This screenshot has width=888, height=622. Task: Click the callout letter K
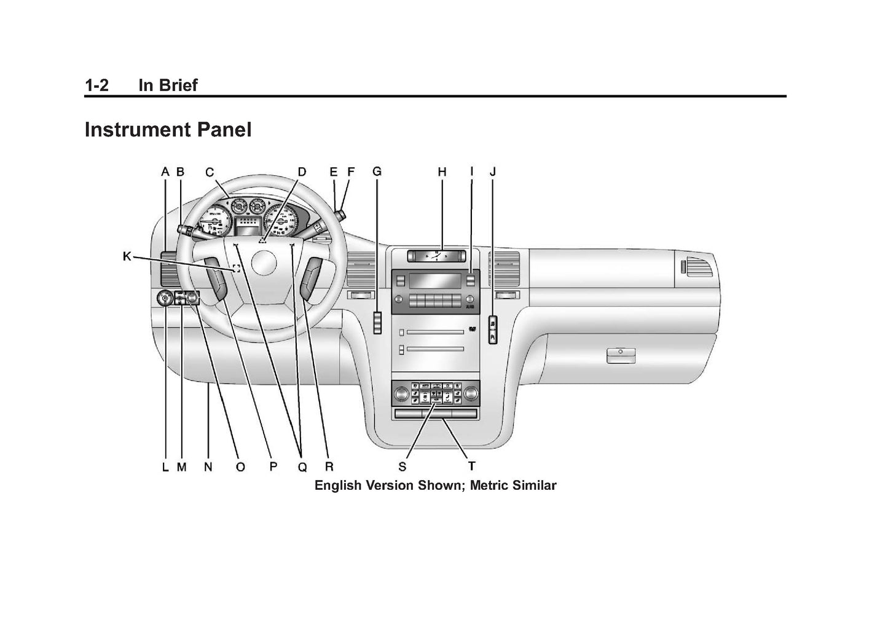tap(127, 256)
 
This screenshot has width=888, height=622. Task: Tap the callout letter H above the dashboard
tap(442, 172)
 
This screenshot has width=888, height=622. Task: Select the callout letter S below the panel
tap(402, 467)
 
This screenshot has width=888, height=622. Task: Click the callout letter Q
tap(302, 467)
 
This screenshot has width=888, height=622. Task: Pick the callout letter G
tap(377, 172)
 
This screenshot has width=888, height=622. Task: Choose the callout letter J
tap(492, 172)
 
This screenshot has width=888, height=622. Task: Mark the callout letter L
tap(165, 467)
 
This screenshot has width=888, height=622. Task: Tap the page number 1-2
tap(96, 85)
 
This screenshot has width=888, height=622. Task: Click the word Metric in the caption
tap(490, 486)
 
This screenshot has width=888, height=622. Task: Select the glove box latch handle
tap(621, 354)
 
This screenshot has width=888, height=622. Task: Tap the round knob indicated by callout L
tap(165, 299)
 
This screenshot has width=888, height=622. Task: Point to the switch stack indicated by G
tap(377, 323)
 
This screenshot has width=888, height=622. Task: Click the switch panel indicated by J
tap(492, 329)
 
